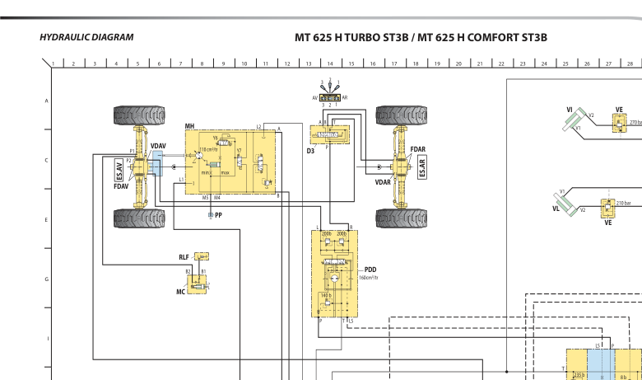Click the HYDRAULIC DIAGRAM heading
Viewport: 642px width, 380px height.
[x=86, y=37]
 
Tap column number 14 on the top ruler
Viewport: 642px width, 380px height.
[x=330, y=63]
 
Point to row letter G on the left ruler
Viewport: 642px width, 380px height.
[x=46, y=279]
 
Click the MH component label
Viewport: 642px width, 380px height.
[x=189, y=126]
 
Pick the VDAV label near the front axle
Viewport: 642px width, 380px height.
[x=158, y=146]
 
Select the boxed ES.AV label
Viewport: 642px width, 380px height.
[x=120, y=170]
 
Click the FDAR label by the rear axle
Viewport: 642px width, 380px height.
[x=418, y=149]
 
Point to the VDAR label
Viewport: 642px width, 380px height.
[x=383, y=181]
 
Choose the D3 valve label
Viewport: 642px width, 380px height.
[x=310, y=152]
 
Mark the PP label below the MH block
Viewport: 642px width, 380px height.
[x=218, y=214]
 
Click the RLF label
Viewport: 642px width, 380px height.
[x=184, y=258]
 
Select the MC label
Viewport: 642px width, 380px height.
[x=180, y=292]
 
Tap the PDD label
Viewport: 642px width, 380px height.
[x=370, y=270]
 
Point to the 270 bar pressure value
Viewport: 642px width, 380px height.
[x=635, y=122]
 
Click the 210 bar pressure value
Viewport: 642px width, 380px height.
[x=623, y=203]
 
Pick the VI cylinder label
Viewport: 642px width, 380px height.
[x=570, y=109]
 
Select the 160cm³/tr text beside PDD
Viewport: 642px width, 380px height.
[x=368, y=278]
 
